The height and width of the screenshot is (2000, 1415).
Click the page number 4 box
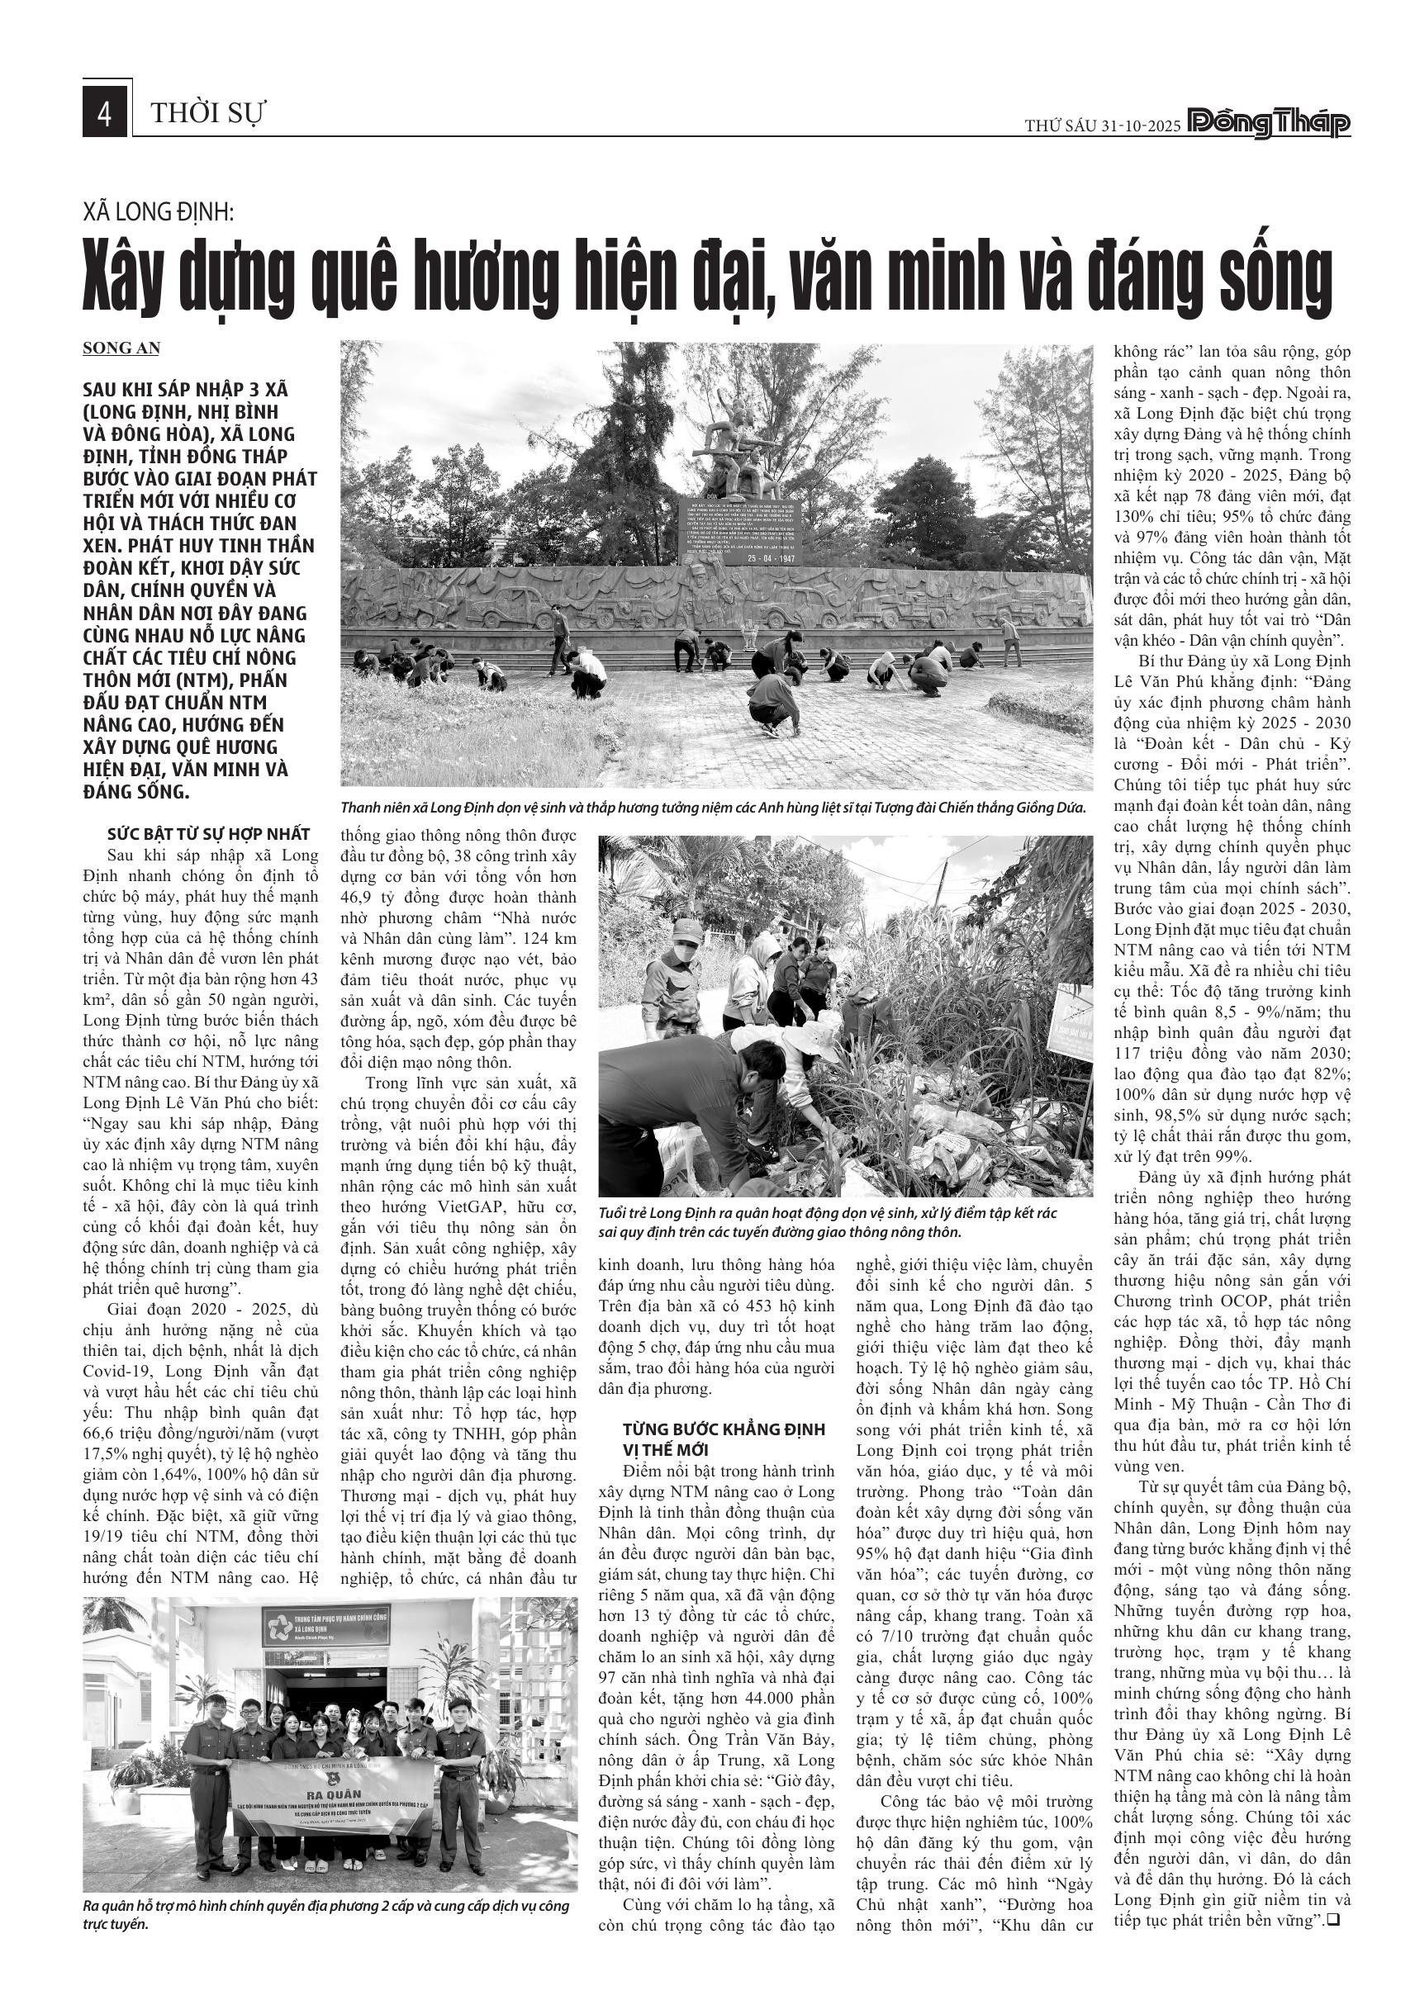pos(106,114)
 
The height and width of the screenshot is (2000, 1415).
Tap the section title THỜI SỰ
pos(207,113)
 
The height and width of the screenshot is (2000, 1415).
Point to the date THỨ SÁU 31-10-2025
pos(1101,126)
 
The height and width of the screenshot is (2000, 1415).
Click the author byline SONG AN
pos(121,348)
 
